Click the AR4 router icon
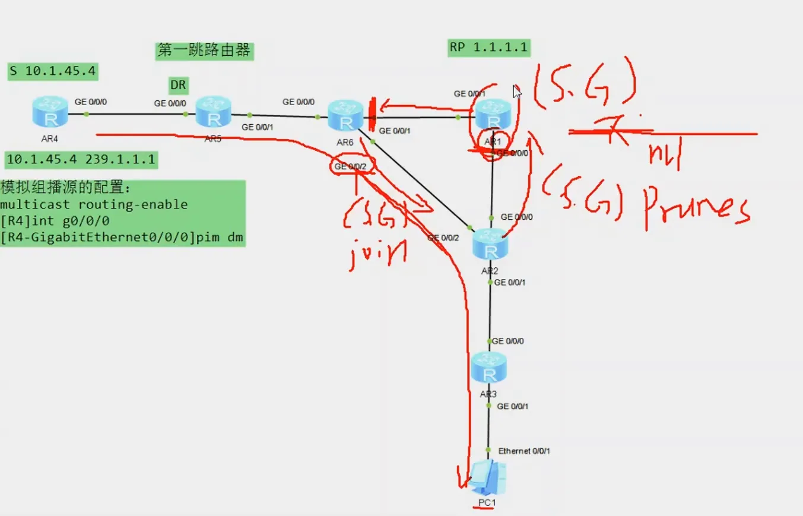(x=50, y=113)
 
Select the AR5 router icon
(x=214, y=113)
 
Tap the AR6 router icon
(x=345, y=116)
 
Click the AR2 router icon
(x=490, y=245)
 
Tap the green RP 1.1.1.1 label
(x=488, y=48)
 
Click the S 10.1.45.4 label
(x=53, y=72)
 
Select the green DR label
(x=178, y=86)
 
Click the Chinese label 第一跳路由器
(x=204, y=50)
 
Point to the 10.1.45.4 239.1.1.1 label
(x=81, y=160)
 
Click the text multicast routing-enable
(x=94, y=205)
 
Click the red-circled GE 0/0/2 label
(x=353, y=167)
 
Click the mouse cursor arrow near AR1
(x=517, y=91)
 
